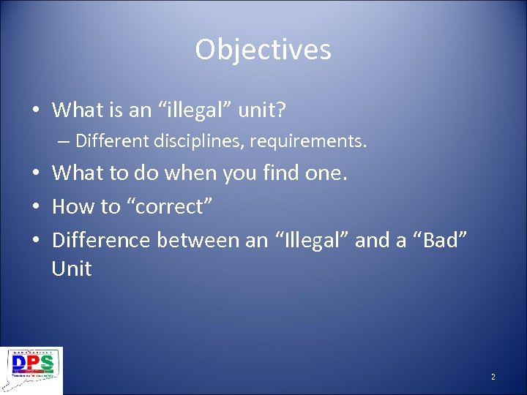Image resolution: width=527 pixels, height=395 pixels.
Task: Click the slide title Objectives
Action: (263, 50)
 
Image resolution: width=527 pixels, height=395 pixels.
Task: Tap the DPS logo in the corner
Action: (32, 371)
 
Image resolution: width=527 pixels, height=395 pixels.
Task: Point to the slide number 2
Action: (493, 377)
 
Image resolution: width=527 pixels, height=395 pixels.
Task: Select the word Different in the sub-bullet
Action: (109, 140)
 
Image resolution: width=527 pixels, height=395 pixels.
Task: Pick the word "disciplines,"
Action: (195, 140)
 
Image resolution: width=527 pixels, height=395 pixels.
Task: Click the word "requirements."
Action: (308, 140)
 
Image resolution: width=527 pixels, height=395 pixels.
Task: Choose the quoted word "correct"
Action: (169, 206)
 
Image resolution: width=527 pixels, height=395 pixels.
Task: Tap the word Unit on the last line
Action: (71, 268)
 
